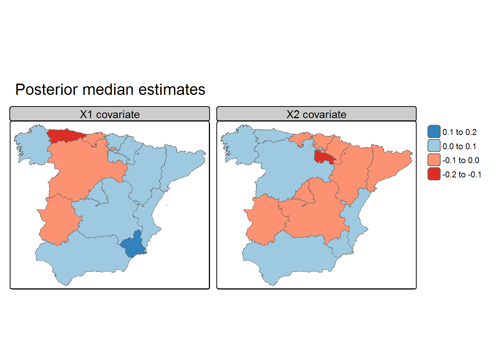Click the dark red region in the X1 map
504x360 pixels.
[x=64, y=135]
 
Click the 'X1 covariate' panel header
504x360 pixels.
[x=109, y=114]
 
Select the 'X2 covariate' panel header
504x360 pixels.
[x=316, y=114]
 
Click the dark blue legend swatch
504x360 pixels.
[x=434, y=132]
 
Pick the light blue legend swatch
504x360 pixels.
[x=434, y=146]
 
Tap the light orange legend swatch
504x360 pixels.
[x=434, y=160]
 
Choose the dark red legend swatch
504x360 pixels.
[x=434, y=174]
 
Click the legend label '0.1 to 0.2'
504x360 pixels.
[x=459, y=132]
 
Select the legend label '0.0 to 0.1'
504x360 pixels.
[x=459, y=146]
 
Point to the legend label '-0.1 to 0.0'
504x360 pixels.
[x=461, y=160]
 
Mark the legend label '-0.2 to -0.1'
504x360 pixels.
[x=462, y=175]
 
